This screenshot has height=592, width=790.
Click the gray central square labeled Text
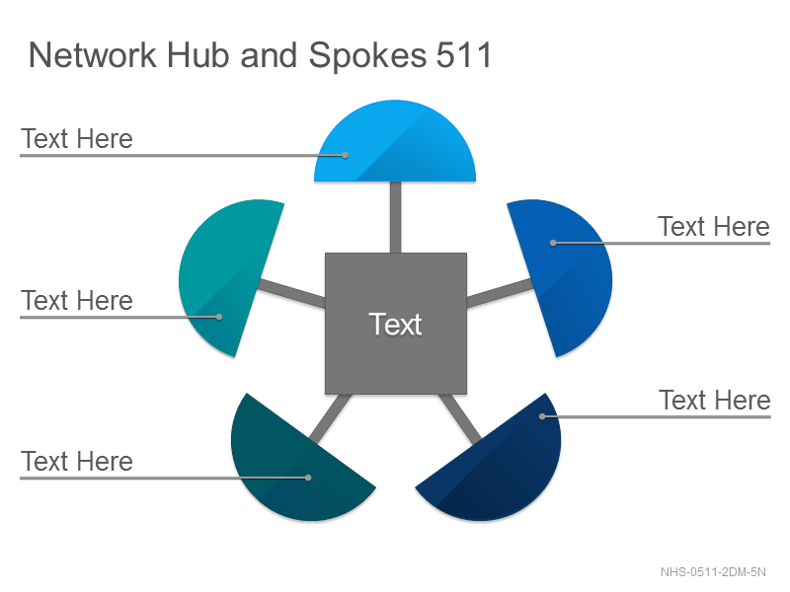[x=396, y=324]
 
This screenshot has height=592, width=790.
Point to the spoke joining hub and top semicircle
[x=396, y=217]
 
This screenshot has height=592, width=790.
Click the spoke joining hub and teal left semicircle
[x=292, y=293]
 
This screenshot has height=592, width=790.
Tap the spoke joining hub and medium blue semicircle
[x=500, y=293]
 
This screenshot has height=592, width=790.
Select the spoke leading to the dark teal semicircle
[x=331, y=417]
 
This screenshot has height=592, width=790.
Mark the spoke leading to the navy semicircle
[x=460, y=418]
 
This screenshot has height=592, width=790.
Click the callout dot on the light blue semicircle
[x=345, y=156]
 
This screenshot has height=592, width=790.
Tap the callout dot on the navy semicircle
[x=542, y=416]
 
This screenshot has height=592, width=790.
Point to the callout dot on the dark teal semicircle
[x=308, y=478]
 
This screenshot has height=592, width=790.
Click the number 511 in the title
[x=463, y=55]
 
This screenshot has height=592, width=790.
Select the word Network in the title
[x=93, y=55]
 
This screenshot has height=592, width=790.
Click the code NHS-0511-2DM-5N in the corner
[x=713, y=572]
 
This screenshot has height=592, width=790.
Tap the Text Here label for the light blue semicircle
[x=77, y=139]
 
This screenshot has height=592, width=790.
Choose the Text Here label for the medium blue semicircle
[x=714, y=227]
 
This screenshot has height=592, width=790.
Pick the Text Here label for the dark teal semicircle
[x=77, y=462]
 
